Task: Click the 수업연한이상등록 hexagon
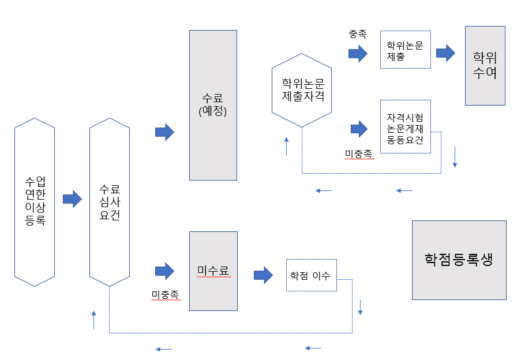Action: (x=35, y=202)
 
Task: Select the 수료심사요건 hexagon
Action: (x=110, y=202)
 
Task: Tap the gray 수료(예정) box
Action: (x=213, y=105)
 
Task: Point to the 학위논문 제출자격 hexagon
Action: (x=302, y=89)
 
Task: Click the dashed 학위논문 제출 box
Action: (x=405, y=50)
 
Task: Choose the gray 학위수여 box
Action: (x=485, y=65)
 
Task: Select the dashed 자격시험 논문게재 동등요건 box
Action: (x=405, y=126)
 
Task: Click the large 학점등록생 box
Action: (x=459, y=260)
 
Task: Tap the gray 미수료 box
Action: (x=213, y=271)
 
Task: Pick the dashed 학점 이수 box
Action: (x=311, y=275)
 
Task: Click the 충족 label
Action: (x=358, y=35)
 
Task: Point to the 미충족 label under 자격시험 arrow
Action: (x=358, y=153)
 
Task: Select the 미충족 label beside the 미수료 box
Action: (x=165, y=295)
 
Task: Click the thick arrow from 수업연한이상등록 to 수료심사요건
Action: (x=72, y=199)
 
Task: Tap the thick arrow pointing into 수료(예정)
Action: (x=164, y=132)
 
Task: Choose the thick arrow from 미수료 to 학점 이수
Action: (x=263, y=275)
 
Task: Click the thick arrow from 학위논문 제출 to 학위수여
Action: (x=445, y=53)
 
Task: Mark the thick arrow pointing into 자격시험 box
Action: (x=358, y=128)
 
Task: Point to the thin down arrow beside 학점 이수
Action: (x=361, y=307)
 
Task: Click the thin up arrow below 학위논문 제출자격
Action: (x=287, y=147)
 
